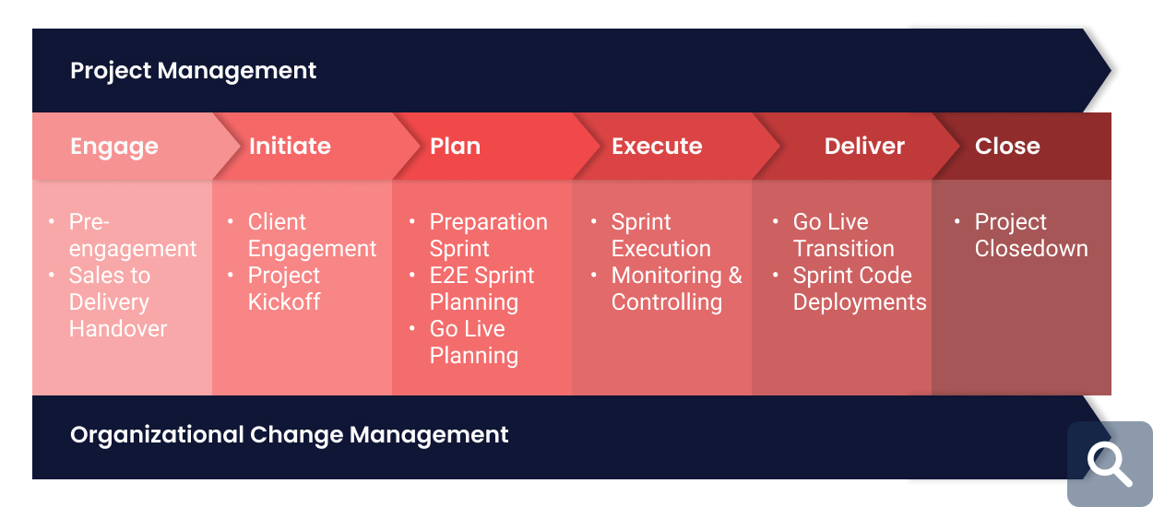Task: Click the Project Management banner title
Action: click(193, 71)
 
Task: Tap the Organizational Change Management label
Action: click(289, 434)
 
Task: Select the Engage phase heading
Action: click(114, 147)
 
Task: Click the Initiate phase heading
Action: click(290, 147)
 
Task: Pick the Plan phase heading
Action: click(455, 147)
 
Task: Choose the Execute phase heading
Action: click(657, 147)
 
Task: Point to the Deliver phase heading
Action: click(864, 147)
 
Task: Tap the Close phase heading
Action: click(1007, 147)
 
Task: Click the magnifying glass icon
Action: click(1109, 464)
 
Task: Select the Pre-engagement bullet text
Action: click(132, 236)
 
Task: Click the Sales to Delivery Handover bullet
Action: click(118, 302)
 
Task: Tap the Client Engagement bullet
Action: click(312, 236)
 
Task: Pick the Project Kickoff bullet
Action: click(284, 289)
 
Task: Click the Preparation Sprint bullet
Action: click(488, 236)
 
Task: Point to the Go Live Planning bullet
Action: click(473, 342)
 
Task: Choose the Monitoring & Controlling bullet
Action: click(676, 289)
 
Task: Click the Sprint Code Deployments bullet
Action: click(859, 289)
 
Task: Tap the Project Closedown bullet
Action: click(1030, 236)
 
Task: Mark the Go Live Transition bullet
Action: click(843, 236)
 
